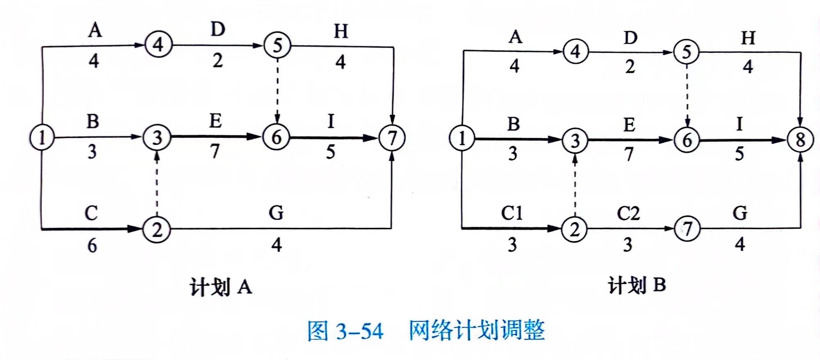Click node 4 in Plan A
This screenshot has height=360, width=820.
click(x=158, y=45)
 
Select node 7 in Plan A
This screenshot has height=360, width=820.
click(x=392, y=138)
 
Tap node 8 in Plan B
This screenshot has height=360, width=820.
click(x=800, y=140)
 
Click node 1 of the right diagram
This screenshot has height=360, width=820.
click(x=462, y=138)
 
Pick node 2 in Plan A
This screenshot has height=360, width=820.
click(x=157, y=230)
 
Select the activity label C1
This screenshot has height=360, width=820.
click(x=512, y=213)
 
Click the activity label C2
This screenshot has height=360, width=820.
click(x=628, y=213)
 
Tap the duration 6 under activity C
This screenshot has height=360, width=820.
click(x=92, y=245)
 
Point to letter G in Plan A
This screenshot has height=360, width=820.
click(x=276, y=213)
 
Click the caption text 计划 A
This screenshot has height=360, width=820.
click(x=221, y=287)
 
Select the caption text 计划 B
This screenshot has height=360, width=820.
click(x=637, y=285)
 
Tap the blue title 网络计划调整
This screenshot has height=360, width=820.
click(x=477, y=330)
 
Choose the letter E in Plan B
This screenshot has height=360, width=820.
click(x=629, y=125)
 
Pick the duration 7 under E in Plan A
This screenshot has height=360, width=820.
click(x=215, y=151)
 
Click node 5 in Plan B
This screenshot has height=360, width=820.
click(x=687, y=52)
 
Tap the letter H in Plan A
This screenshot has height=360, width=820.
click(x=341, y=31)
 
